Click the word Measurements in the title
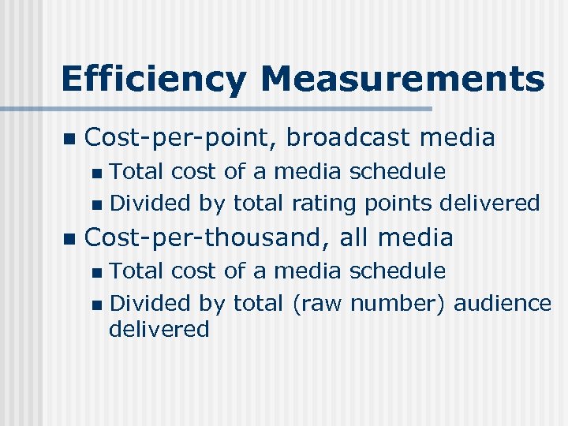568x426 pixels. tap(402, 79)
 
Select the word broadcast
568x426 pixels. tap(349, 137)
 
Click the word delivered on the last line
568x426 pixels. tap(159, 329)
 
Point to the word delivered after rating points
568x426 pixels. tap(490, 204)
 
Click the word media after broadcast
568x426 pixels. tap(458, 137)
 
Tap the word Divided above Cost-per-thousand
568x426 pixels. tap(150, 204)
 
